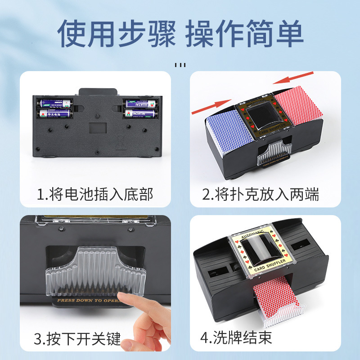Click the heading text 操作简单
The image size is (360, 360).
pos(244,34)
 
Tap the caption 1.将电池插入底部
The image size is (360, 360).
pos(95,194)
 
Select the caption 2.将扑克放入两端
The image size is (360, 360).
pos(261,194)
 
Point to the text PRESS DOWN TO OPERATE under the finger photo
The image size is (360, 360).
pos(86,299)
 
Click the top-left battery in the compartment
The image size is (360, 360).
pos(54,103)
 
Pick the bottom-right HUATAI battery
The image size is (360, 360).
pos(141,114)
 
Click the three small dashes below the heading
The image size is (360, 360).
pos(180,65)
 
